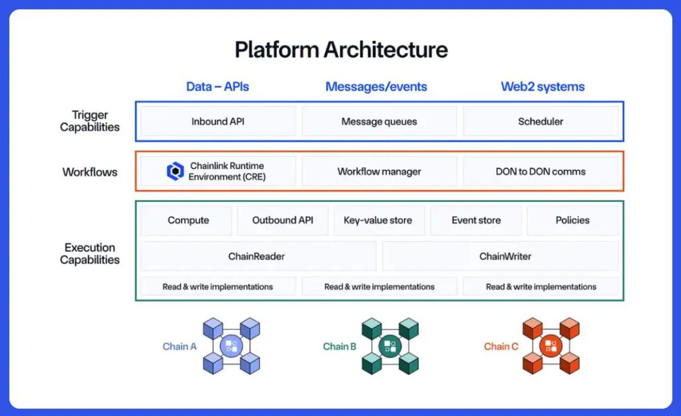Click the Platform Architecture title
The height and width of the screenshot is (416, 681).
pyautogui.click(x=341, y=50)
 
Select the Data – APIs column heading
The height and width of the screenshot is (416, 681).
pyautogui.click(x=217, y=87)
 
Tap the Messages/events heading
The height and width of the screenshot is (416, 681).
pyautogui.click(x=376, y=87)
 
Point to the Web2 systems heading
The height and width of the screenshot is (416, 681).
pyautogui.click(x=543, y=87)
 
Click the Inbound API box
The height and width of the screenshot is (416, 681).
pyautogui.click(x=218, y=121)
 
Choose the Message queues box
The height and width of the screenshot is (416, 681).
pyautogui.click(x=379, y=121)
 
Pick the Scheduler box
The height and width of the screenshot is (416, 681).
pyautogui.click(x=541, y=121)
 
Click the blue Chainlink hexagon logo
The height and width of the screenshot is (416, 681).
pyautogui.click(x=175, y=171)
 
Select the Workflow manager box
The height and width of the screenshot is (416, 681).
pyautogui.click(x=379, y=171)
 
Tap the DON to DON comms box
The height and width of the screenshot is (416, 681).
pyautogui.click(x=541, y=171)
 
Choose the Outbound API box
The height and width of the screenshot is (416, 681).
pyautogui.click(x=282, y=220)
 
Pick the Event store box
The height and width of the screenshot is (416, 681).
pyautogui.click(x=476, y=220)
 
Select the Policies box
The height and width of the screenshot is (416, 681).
pyautogui.click(x=573, y=220)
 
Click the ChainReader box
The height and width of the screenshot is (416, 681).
pyautogui.click(x=258, y=256)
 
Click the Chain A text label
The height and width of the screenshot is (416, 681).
pyautogui.click(x=179, y=346)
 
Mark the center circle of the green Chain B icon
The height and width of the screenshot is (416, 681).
pyautogui.click(x=390, y=346)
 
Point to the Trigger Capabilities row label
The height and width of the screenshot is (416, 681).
pyautogui.click(x=90, y=121)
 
